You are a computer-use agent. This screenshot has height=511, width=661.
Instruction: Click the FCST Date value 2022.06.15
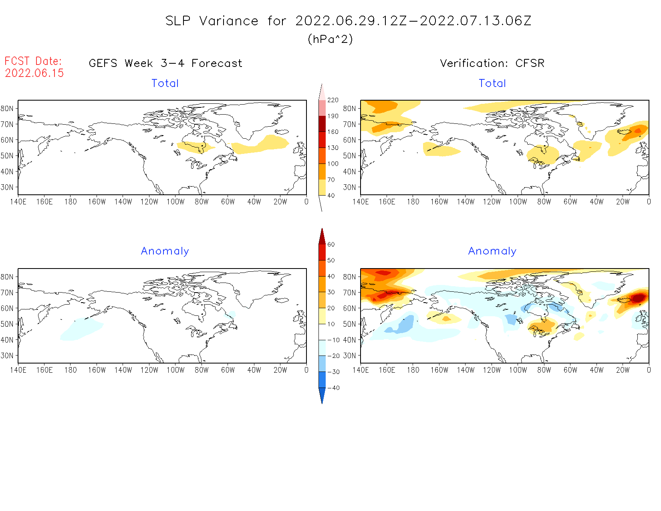[34, 73]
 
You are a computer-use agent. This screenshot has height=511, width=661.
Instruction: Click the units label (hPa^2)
[330, 39]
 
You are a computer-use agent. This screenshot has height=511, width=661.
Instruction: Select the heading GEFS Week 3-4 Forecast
[165, 63]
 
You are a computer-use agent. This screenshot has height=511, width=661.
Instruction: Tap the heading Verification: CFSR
[492, 63]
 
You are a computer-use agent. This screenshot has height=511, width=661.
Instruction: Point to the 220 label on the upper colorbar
[333, 100]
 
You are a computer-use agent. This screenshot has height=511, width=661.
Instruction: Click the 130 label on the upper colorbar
[333, 148]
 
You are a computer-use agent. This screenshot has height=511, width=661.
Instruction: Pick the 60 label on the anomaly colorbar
[331, 244]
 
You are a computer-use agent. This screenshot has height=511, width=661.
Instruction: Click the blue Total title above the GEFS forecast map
[165, 83]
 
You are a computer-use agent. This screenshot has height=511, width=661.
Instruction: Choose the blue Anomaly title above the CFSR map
[492, 251]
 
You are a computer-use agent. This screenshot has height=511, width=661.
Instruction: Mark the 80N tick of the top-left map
[7, 109]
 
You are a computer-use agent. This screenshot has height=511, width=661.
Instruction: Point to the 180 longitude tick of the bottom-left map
[71, 370]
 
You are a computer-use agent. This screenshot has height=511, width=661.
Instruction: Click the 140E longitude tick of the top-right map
[361, 202]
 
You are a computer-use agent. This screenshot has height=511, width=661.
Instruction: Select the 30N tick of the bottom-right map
[349, 355]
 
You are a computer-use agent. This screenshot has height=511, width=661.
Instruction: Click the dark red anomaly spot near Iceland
[638, 298]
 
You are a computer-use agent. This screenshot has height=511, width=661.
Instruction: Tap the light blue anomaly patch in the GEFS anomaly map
[82, 329]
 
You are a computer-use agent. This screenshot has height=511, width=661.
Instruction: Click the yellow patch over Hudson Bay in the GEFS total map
[194, 147]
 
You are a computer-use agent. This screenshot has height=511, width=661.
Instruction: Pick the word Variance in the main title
[229, 21]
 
